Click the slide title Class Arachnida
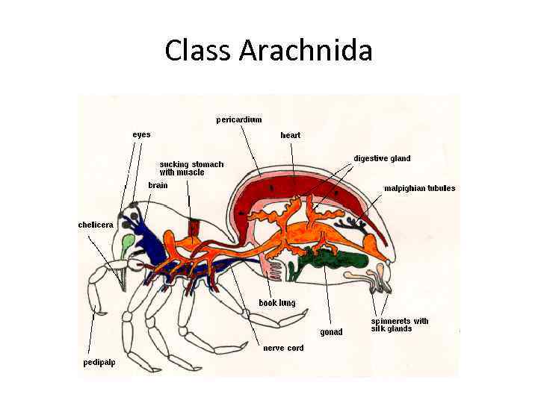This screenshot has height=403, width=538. coord(268,51)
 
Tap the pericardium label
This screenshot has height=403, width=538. coord(239,119)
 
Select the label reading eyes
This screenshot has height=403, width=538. coord(141,134)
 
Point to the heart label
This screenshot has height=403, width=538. coord(291,135)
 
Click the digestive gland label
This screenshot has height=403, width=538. coord(382,158)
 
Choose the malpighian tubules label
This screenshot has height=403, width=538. coord(419,188)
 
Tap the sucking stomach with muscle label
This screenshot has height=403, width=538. coord(191,168)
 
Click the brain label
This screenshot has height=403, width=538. coord(158,184)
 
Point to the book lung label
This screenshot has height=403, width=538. coord(277,303)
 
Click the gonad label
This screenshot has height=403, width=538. coord(331,331)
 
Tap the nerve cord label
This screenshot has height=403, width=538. coord(283,348)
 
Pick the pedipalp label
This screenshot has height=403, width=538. coord(99,363)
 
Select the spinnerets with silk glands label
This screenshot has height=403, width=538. coord(400,325)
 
